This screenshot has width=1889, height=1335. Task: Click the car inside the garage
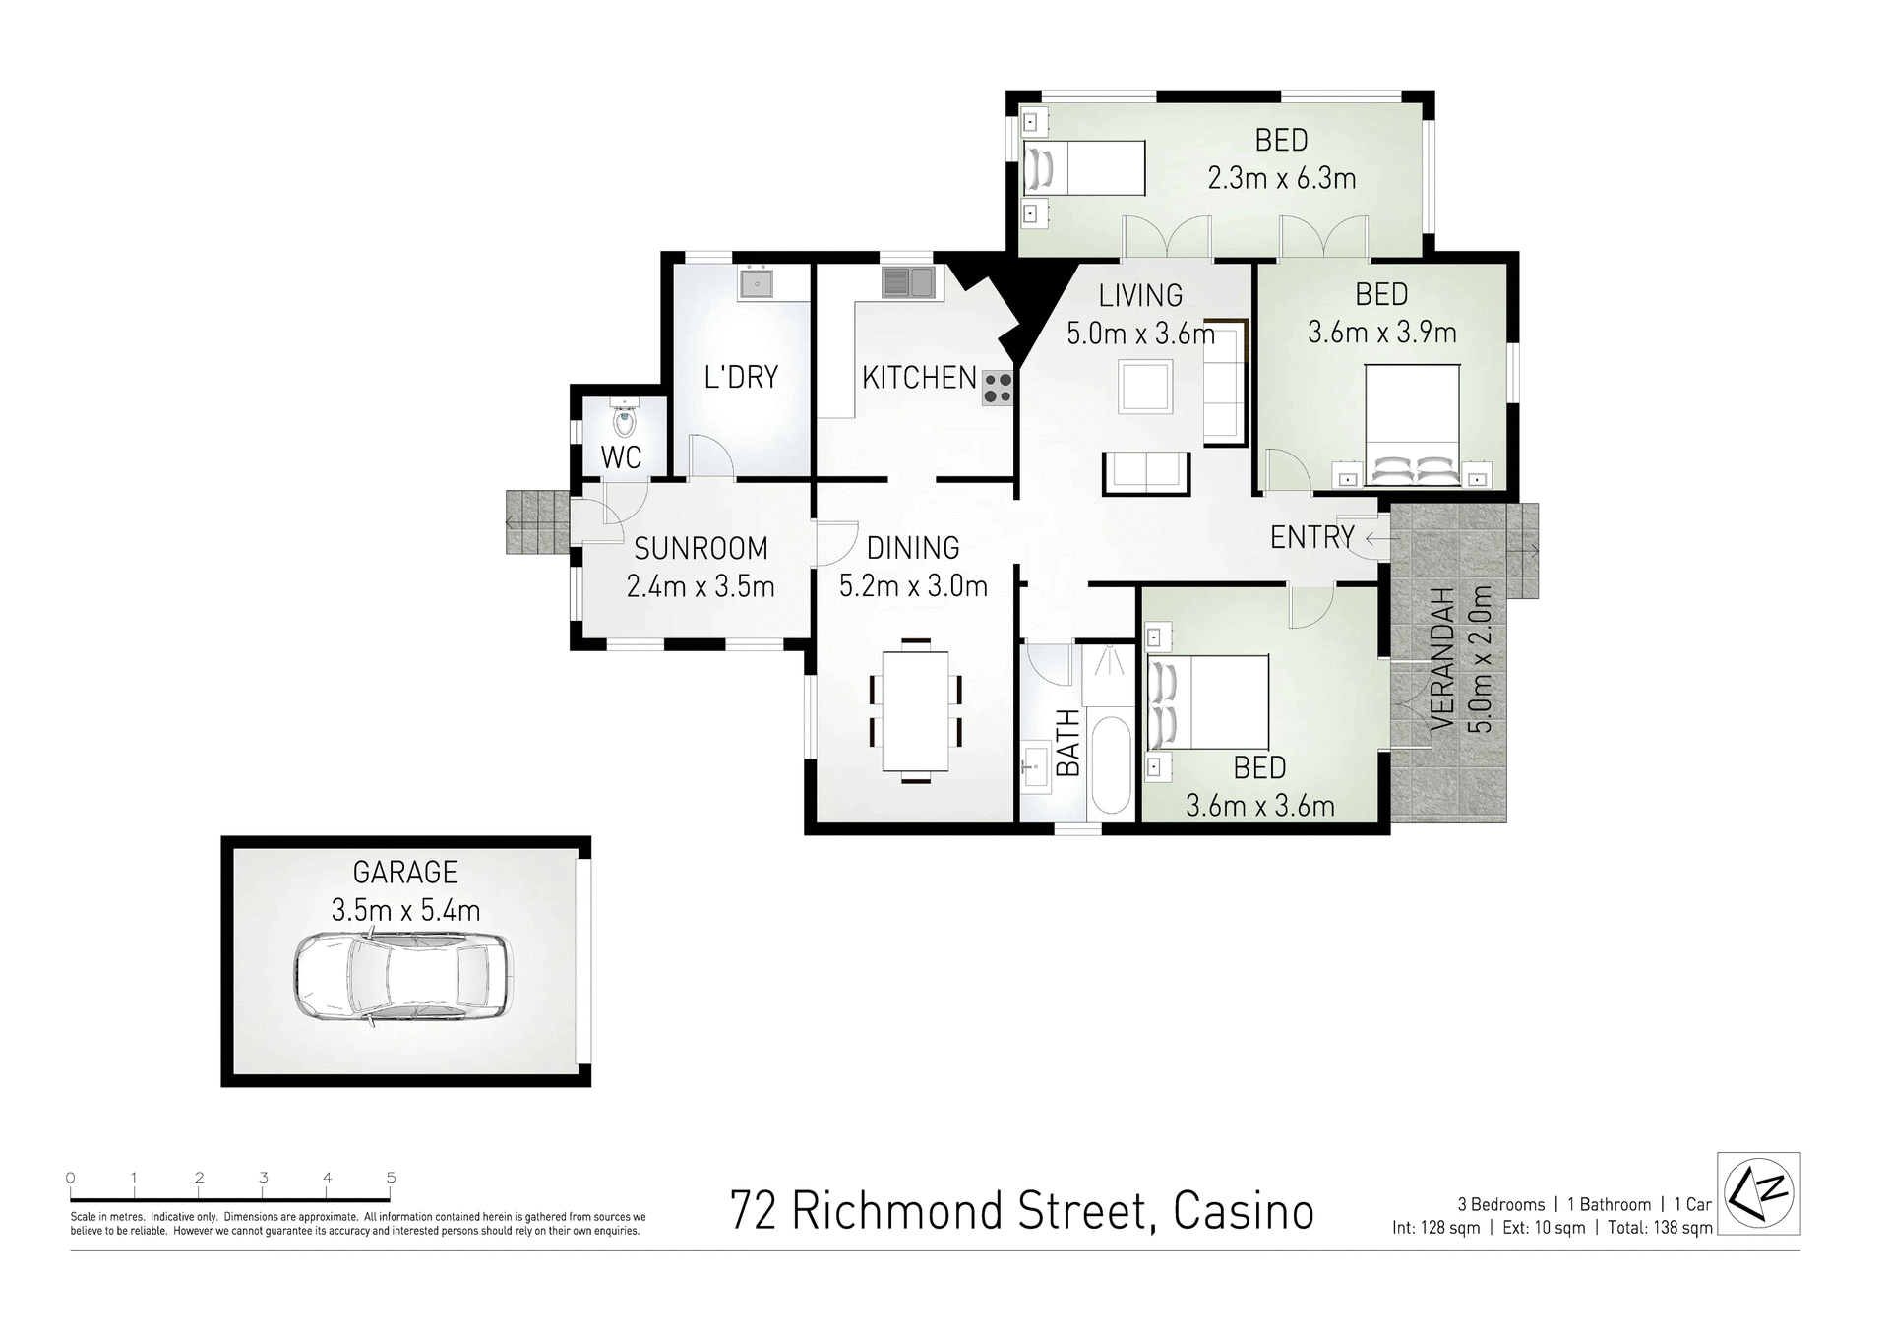402,978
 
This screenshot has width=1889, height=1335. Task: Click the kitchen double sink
907,283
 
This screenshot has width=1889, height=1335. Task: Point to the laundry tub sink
756,283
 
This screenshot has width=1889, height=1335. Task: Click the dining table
916,711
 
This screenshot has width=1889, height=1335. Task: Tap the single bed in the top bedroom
1085,167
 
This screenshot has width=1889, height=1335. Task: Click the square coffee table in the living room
1145,386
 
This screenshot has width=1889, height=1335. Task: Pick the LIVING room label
1140,295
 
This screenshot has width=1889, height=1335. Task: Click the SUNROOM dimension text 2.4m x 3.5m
701,587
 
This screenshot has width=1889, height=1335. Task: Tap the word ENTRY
1311,537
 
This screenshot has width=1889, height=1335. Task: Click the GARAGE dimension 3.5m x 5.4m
405,910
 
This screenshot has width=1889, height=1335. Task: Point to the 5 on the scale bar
392,1178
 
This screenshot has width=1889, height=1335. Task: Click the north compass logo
1758,1192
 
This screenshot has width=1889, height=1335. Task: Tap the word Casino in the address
1244,1212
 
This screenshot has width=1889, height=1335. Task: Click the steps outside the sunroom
537,521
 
